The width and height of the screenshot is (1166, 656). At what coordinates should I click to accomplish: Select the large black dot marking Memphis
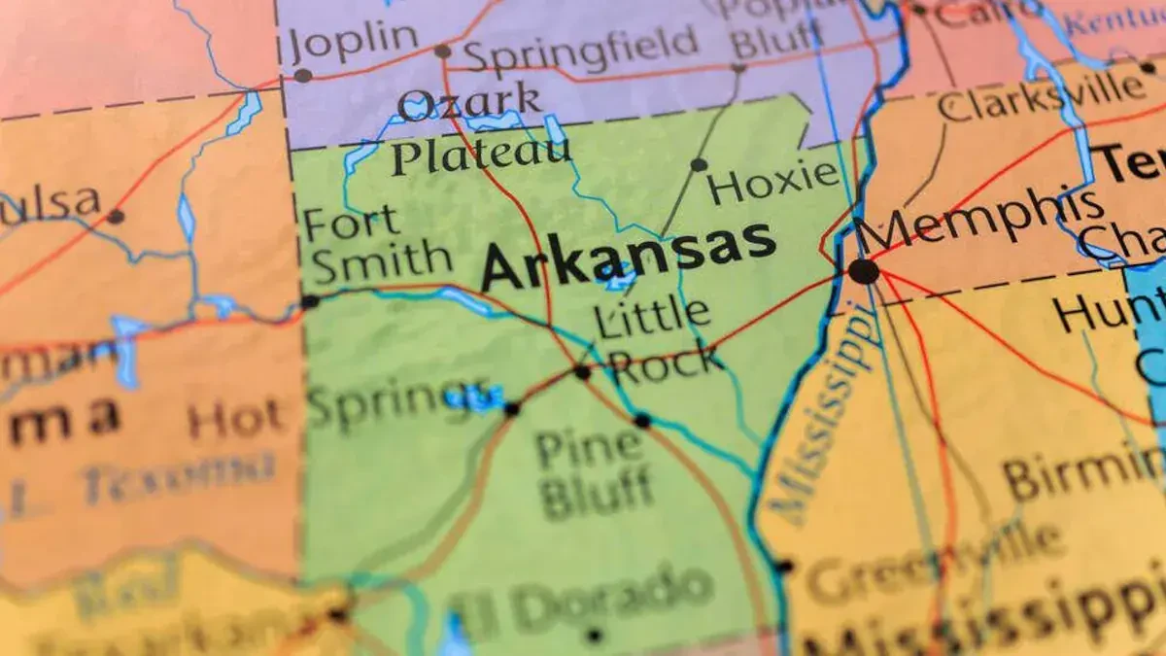coord(863,271)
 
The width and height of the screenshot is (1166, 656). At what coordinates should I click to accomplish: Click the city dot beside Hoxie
coord(699,164)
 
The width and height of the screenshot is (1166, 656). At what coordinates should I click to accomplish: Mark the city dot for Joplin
coord(303,75)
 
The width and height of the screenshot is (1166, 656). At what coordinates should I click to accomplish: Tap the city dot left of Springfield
coord(443,51)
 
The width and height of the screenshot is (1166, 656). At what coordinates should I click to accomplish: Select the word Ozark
coord(469,102)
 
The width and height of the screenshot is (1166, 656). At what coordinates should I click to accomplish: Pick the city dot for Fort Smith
coord(310,301)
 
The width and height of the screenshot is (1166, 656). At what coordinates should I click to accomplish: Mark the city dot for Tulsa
coord(116,216)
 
